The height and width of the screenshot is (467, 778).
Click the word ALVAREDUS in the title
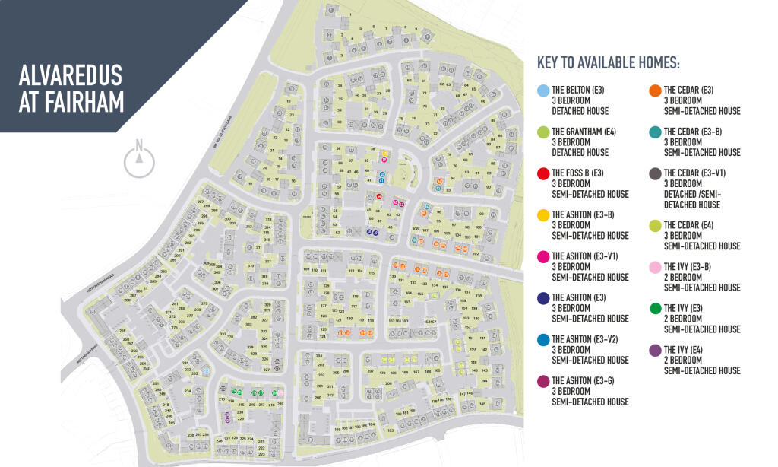[71, 78]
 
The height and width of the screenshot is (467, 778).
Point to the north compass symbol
[138, 158]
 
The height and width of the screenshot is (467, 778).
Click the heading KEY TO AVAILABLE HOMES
[608, 62]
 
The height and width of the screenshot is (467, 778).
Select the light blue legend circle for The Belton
[542, 91]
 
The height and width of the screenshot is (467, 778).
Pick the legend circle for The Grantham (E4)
[542, 132]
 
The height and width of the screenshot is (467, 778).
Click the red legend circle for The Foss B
[542, 174]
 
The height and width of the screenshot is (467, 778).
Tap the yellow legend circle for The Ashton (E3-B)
[542, 215]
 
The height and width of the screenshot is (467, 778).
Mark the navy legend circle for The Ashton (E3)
[542, 298]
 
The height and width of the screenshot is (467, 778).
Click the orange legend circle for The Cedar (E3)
[654, 91]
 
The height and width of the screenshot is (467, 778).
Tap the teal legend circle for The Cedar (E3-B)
[654, 132]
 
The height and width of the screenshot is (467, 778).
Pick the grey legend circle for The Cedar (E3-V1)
[654, 174]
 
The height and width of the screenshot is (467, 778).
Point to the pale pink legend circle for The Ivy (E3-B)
[654, 267]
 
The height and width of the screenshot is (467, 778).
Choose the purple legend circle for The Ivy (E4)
[654, 350]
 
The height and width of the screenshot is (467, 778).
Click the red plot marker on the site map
[378, 196]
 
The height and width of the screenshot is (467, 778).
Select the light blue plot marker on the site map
[205, 370]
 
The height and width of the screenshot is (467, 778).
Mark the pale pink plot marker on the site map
[280, 392]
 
